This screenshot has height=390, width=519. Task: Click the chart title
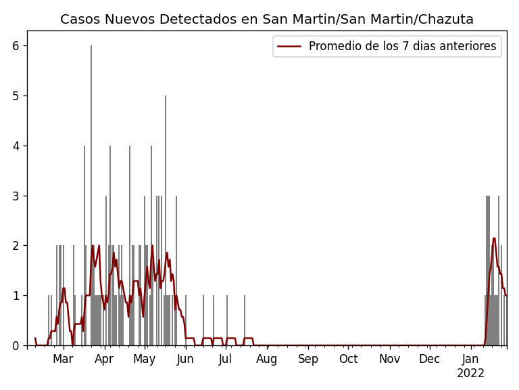(x=267, y=20)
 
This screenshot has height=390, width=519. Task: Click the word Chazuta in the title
(x=447, y=20)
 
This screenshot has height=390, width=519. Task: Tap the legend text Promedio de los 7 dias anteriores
(x=402, y=46)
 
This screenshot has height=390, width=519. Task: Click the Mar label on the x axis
(x=63, y=359)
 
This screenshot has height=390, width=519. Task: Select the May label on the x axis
(x=144, y=359)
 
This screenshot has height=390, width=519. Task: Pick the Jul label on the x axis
(x=226, y=359)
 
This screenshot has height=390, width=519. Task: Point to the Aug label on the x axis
(x=267, y=359)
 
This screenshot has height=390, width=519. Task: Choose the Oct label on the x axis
(x=349, y=359)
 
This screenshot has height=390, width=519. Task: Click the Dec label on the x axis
(x=429, y=359)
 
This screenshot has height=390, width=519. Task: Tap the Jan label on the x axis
(x=470, y=359)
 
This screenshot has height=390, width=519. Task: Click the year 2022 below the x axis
(x=470, y=373)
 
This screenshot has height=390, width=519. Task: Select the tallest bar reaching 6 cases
(x=91, y=196)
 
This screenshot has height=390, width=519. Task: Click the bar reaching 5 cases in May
(x=166, y=223)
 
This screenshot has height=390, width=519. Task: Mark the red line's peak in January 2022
(x=494, y=238)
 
